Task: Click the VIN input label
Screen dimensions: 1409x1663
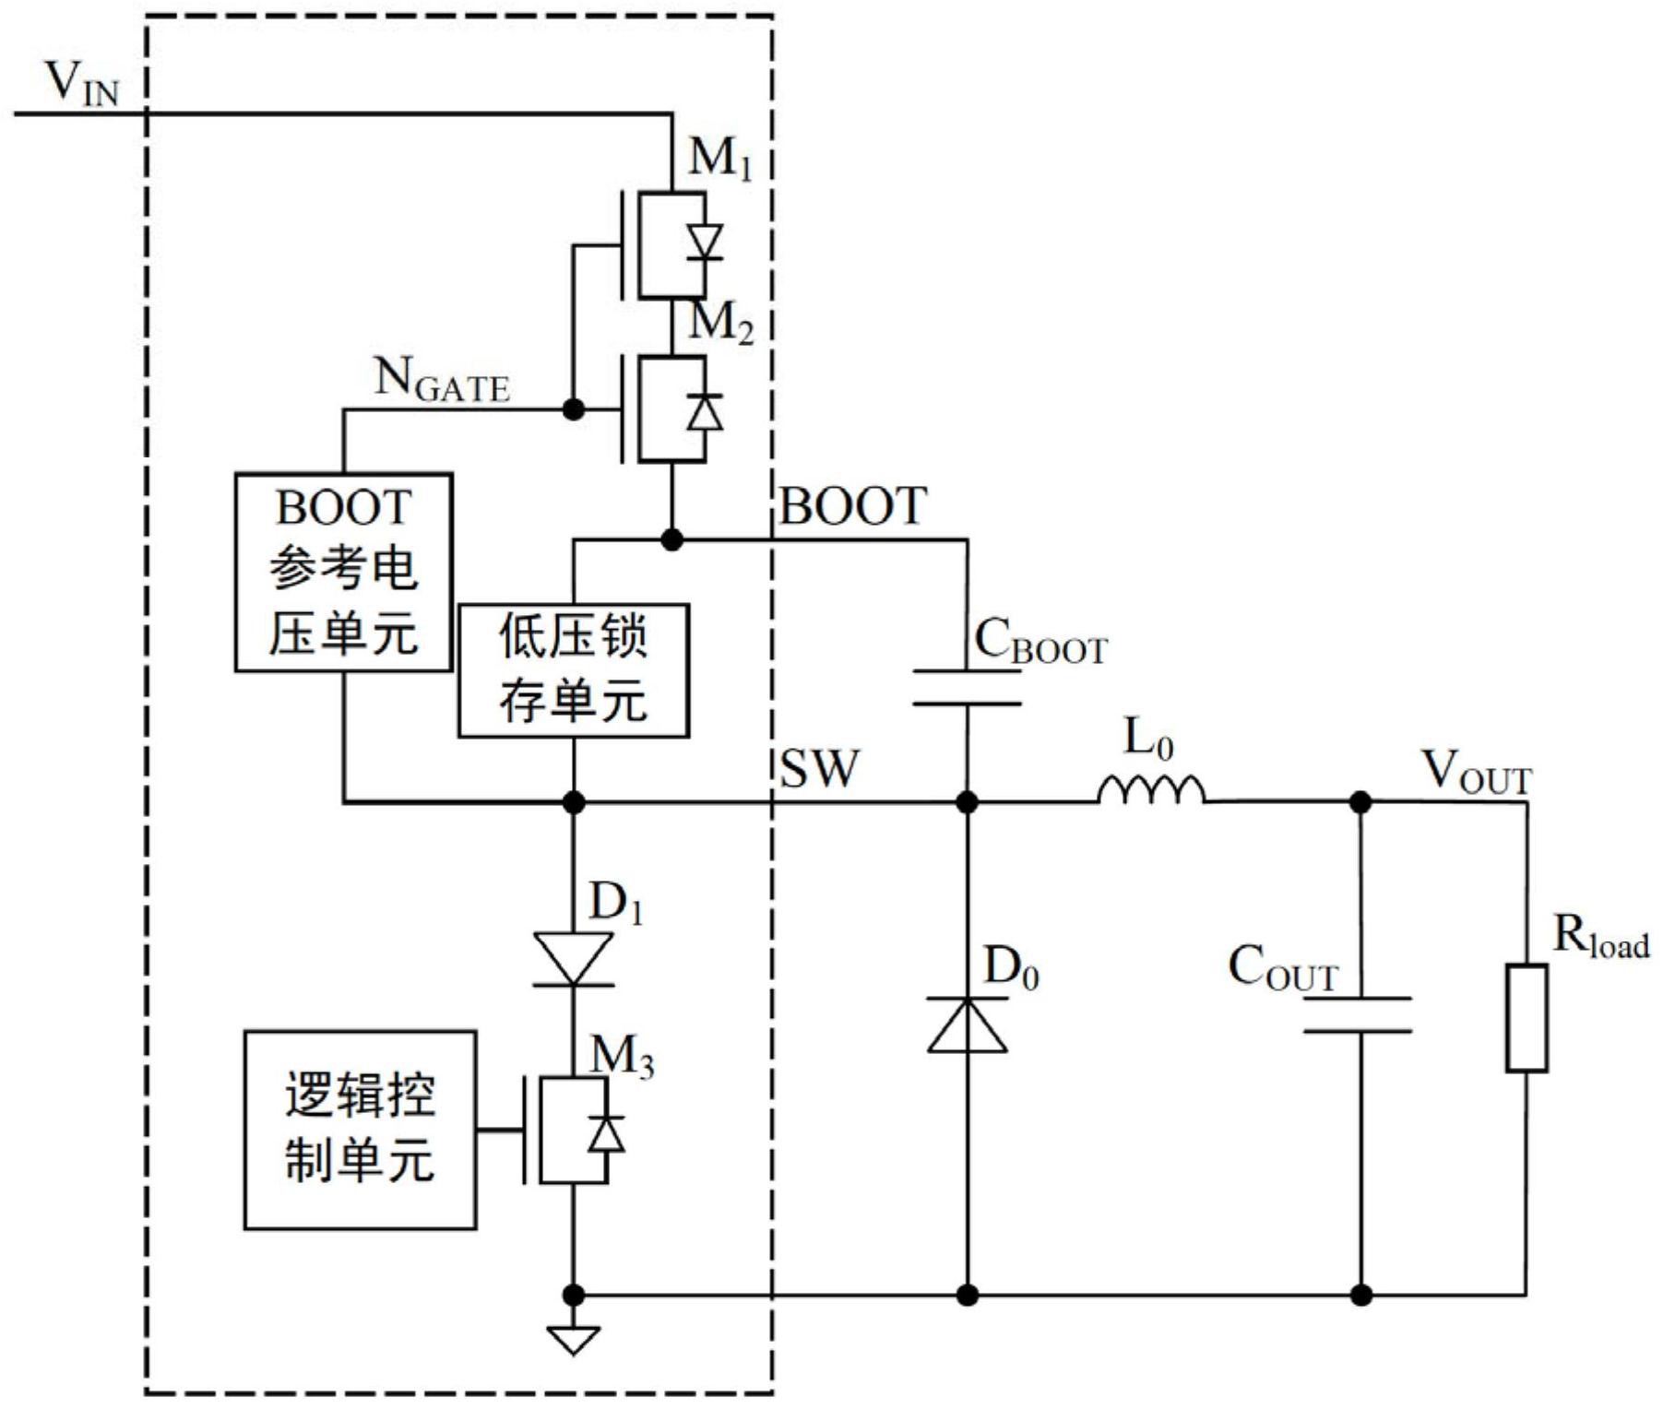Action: tap(82, 84)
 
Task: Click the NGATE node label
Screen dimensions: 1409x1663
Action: tap(441, 380)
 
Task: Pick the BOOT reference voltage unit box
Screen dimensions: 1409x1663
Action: tap(343, 572)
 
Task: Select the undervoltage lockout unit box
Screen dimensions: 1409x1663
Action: tap(573, 670)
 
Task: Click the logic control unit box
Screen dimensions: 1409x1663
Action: tap(360, 1130)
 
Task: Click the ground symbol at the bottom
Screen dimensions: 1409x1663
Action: tap(573, 1339)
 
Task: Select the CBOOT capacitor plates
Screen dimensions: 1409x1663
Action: tap(967, 688)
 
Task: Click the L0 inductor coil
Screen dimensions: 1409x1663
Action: tap(1151, 791)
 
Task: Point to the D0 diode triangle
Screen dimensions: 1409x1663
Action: tap(967, 1025)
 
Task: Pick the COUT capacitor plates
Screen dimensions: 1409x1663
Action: tap(1359, 1014)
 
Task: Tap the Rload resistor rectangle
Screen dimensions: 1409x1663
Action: tap(1526, 1018)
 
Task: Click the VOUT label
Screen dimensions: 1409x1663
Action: tap(1475, 773)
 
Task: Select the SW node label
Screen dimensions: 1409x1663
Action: tap(818, 768)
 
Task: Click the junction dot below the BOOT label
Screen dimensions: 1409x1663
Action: tap(672, 540)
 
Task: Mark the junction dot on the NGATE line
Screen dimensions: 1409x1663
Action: tap(573, 408)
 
